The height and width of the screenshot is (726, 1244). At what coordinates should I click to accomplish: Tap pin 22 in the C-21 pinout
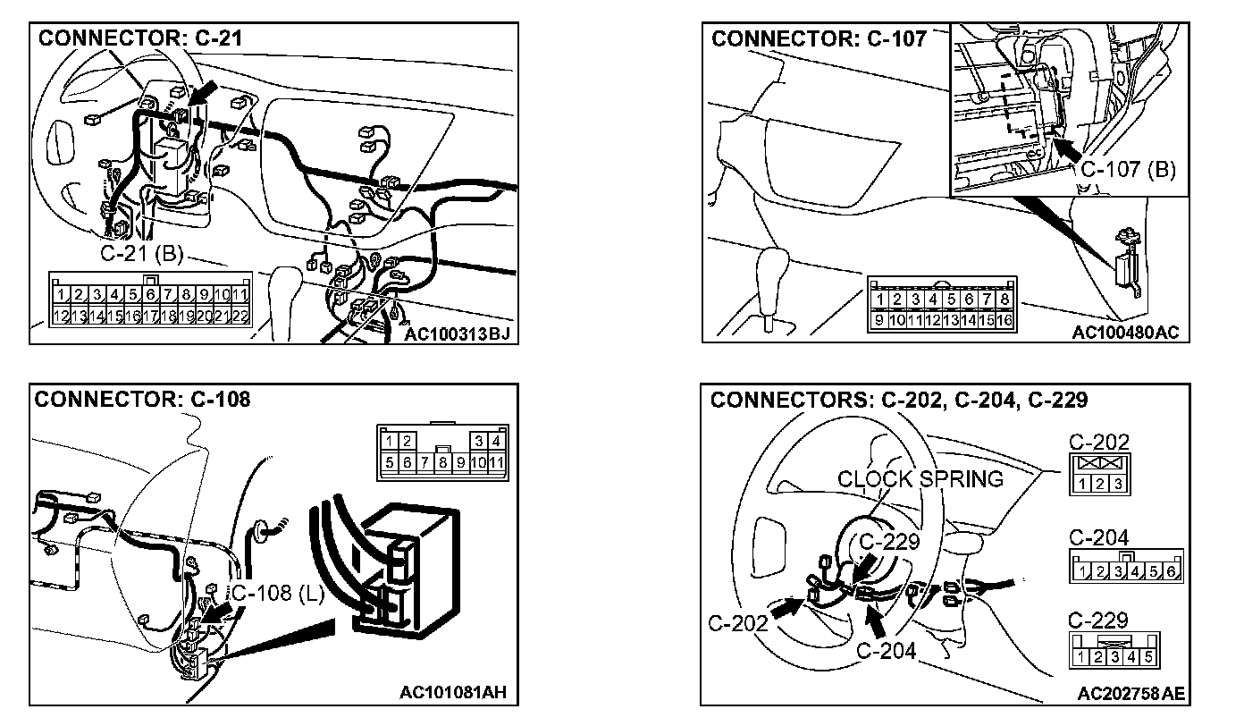click(240, 316)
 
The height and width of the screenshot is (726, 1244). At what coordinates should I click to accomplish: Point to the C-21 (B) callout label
click(141, 255)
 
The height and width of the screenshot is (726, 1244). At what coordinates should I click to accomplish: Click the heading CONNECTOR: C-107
click(819, 39)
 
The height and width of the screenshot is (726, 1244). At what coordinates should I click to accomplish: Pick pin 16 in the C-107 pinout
click(1005, 319)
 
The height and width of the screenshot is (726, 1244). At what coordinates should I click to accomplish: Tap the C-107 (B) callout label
click(1128, 170)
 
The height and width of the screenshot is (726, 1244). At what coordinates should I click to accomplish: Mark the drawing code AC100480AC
click(1126, 333)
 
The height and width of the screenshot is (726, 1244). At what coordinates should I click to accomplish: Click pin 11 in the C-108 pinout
click(498, 463)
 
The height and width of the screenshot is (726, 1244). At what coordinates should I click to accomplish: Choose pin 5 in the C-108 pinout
click(391, 463)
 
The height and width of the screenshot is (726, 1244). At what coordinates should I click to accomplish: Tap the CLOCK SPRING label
click(920, 479)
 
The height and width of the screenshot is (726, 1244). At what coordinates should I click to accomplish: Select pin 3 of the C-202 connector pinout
click(1116, 484)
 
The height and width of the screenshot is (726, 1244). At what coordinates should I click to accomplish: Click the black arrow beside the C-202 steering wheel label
click(786, 607)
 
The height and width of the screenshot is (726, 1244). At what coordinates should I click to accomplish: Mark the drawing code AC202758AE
click(1131, 693)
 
